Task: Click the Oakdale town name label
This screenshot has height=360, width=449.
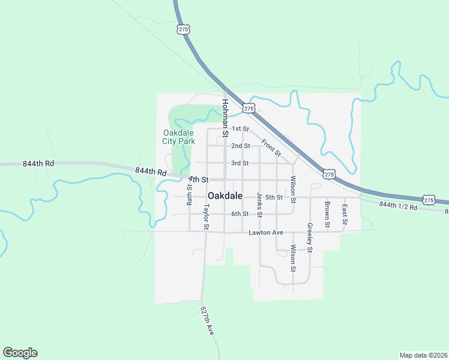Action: [x=225, y=196]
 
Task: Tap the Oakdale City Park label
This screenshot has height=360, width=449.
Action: [x=179, y=137]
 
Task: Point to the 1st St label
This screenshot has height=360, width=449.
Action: [x=240, y=129]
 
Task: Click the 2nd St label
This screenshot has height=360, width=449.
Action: [x=241, y=146]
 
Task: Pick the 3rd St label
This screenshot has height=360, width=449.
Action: [x=240, y=163]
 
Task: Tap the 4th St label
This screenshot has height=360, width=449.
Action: [x=198, y=179]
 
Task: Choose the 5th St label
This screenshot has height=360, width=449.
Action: [x=274, y=197]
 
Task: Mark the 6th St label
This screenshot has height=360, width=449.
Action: [x=240, y=214]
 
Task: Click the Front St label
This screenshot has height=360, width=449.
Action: [x=271, y=148]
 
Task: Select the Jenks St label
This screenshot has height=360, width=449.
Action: [x=259, y=205]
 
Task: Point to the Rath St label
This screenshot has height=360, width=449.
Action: [x=189, y=195]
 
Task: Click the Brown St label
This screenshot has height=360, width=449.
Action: [x=327, y=214]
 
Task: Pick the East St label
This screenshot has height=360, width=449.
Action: [x=345, y=214]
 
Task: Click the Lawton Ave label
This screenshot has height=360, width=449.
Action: [x=265, y=232]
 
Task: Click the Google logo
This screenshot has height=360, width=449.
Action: [x=20, y=353]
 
